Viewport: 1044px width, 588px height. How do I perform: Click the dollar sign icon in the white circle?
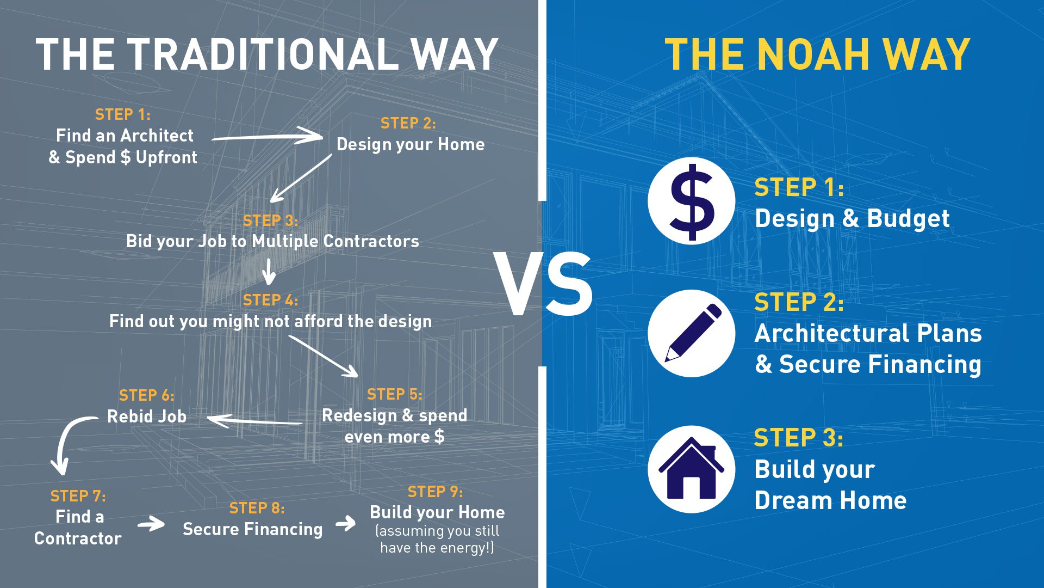tap(692, 202)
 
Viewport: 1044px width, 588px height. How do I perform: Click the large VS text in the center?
tap(543, 284)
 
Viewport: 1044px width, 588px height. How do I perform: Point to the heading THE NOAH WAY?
tap(817, 54)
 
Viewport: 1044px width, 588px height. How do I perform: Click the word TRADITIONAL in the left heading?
tap(263, 54)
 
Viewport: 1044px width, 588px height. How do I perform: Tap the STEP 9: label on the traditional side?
tap(435, 492)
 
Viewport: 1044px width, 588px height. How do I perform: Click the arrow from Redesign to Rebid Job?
tap(254, 421)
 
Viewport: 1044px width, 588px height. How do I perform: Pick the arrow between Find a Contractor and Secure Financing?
tap(151, 524)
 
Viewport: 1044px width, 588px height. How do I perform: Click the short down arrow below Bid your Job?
tap(269, 271)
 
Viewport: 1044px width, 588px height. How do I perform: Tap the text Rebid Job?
tap(147, 416)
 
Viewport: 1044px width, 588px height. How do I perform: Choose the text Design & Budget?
tap(852, 218)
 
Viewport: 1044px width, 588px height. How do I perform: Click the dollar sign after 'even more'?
tap(439, 437)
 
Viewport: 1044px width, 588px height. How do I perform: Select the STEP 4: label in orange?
tap(270, 300)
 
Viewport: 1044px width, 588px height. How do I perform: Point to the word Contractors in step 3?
tap(371, 241)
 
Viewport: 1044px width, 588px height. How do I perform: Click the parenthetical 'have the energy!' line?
tap(437, 548)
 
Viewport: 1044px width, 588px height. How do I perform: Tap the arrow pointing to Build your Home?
tap(346, 524)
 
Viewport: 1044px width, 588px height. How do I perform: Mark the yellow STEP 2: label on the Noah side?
tap(799, 302)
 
